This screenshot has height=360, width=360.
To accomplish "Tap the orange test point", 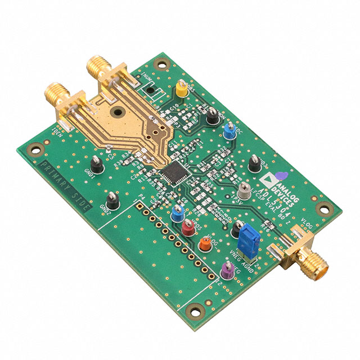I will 206,244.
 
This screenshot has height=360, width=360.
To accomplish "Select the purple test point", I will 228,270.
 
